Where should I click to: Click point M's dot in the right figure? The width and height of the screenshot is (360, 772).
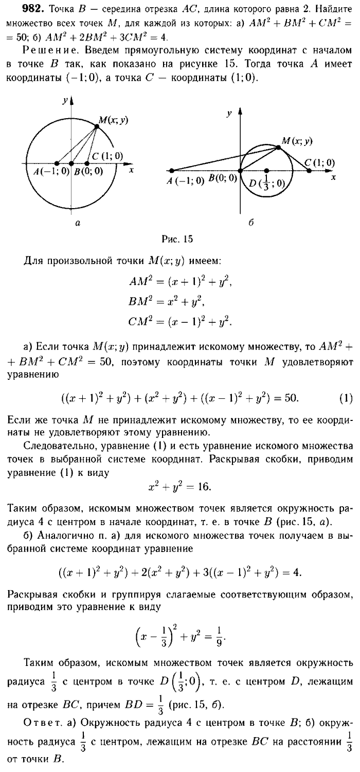[278, 148]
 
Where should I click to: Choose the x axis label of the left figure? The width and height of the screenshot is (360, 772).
[132, 170]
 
